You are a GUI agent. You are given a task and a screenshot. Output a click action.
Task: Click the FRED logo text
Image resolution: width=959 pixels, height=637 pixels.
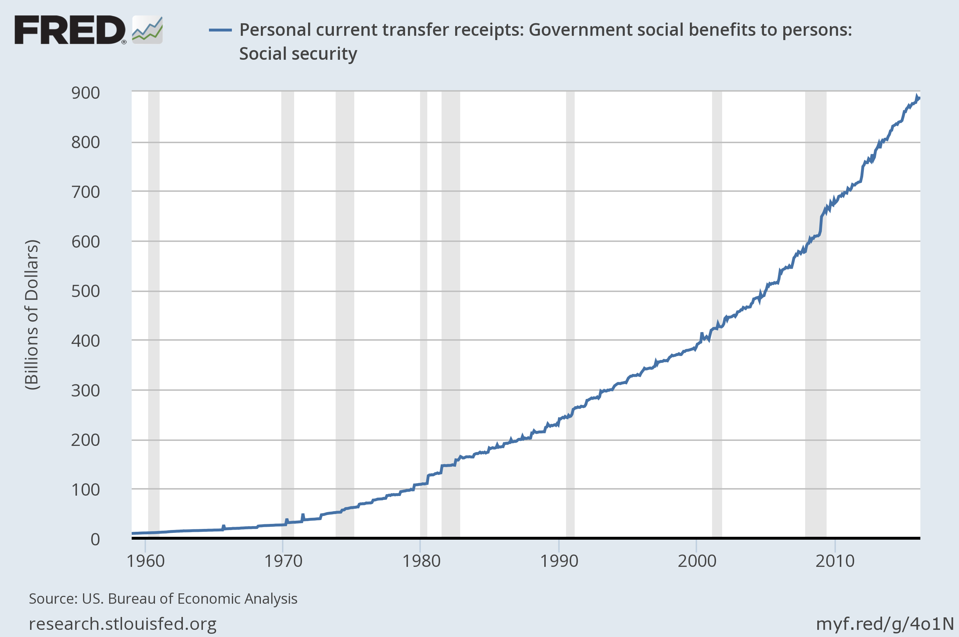point(70,30)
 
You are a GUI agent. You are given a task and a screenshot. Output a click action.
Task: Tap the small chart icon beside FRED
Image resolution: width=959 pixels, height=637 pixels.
point(147,30)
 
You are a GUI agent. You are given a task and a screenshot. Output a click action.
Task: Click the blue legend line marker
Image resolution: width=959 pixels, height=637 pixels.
point(220,30)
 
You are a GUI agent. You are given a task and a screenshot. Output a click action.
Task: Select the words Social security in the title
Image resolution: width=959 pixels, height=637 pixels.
point(298,54)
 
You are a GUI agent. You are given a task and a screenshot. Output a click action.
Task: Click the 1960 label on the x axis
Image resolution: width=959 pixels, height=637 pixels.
point(145,561)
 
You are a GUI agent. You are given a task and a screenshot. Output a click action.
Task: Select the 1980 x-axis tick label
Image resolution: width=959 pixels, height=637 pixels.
point(421,561)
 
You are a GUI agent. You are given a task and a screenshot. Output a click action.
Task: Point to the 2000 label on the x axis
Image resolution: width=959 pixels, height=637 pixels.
point(697,561)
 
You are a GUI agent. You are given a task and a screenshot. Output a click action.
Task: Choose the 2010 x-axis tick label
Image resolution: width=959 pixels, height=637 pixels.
point(835,561)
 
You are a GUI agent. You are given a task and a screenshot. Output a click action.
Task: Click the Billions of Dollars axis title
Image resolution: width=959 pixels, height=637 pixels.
point(32,315)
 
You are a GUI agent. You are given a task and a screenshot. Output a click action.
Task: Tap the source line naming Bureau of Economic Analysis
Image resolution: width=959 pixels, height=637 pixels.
point(163,599)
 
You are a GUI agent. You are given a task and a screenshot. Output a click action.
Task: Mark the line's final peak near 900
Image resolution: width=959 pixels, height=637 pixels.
point(917,97)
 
